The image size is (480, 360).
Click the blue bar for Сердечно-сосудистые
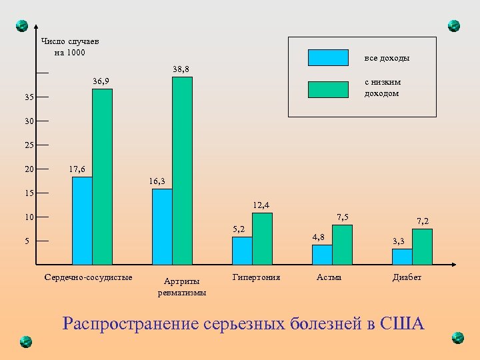point(82,221)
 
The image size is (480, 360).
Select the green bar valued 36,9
point(102,177)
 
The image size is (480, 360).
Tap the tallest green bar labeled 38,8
point(182,171)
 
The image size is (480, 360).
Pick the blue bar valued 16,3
point(162,227)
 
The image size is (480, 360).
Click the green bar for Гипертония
point(262,239)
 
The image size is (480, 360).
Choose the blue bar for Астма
point(322,255)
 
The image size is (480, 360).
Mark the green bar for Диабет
point(422,247)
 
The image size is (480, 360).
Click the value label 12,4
point(261,205)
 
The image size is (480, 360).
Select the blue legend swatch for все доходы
point(328,58)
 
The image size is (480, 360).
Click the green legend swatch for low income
point(328,89)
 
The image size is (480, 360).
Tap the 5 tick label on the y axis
point(27,241)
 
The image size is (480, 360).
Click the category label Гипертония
point(257,277)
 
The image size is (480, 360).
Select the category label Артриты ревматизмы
point(182,287)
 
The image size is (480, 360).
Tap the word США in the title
point(401,324)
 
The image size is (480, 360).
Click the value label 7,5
point(343,217)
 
